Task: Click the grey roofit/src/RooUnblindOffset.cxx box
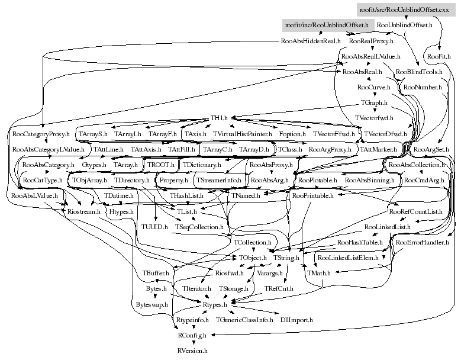pyautogui.click(x=406, y=10)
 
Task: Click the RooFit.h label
pyautogui.click(x=439, y=57)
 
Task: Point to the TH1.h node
pyautogui.click(x=220, y=118)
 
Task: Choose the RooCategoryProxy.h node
pyautogui.click(x=40, y=134)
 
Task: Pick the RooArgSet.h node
pyautogui.click(x=432, y=149)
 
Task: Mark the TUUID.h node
pyautogui.click(x=154, y=226)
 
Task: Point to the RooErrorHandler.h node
pyautogui.click(x=423, y=242)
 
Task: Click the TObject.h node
pyautogui.click(x=253, y=258)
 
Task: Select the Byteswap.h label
pyautogui.click(x=152, y=304)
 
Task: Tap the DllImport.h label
pyautogui.click(x=296, y=320)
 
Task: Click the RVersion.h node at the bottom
pyautogui.click(x=193, y=351)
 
